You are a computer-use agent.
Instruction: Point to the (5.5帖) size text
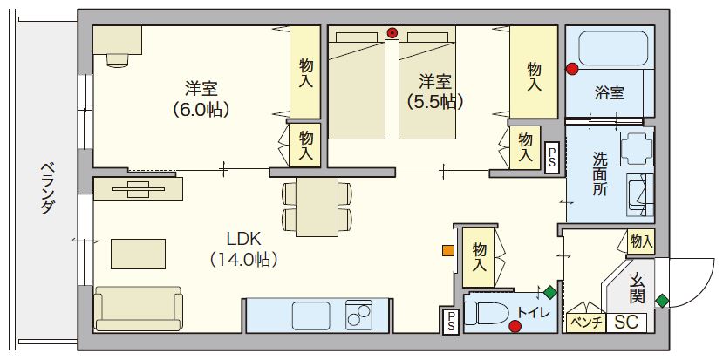click(x=434, y=102)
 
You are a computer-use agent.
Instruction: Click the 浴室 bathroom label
click(x=609, y=92)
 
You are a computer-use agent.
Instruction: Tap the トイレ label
click(x=532, y=312)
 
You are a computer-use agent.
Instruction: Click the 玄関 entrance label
click(x=638, y=289)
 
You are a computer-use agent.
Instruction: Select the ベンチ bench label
click(x=583, y=322)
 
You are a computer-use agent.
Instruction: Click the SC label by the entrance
click(x=625, y=322)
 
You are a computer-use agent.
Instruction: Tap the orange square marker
click(x=448, y=251)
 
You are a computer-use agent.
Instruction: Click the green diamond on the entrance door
click(x=663, y=301)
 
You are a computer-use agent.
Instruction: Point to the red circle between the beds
click(x=392, y=33)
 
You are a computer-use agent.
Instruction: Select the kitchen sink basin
click(x=310, y=314)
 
